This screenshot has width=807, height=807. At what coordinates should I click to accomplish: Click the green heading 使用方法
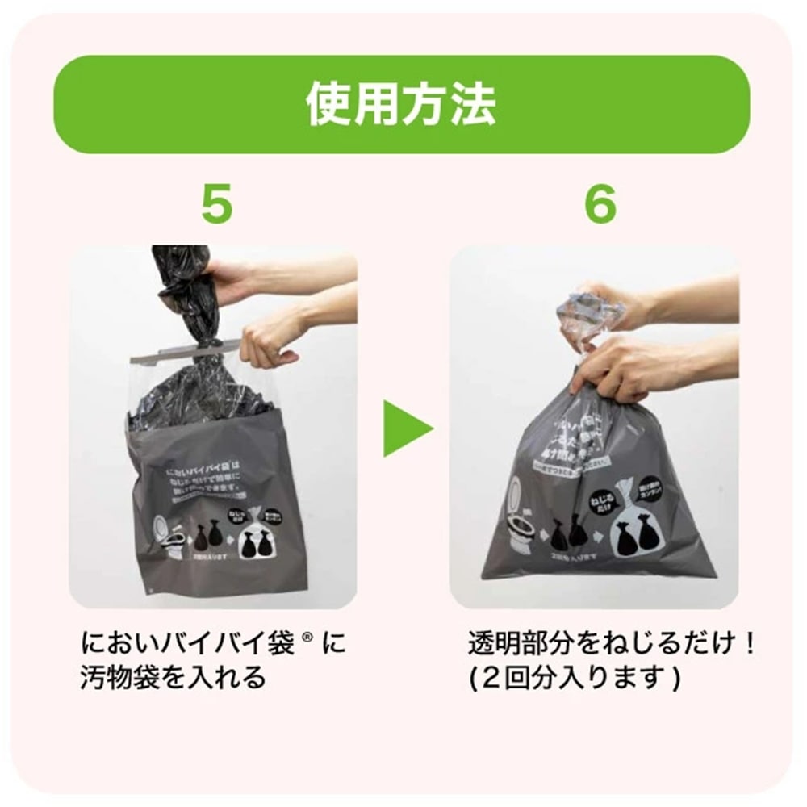pyautogui.click(x=401, y=105)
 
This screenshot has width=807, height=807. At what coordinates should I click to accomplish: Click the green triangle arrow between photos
pyautogui.click(x=408, y=425)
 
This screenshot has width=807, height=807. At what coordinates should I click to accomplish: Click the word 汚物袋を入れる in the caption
pyautogui.click(x=174, y=677)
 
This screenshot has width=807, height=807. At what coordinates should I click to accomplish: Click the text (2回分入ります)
pyautogui.click(x=575, y=677)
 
